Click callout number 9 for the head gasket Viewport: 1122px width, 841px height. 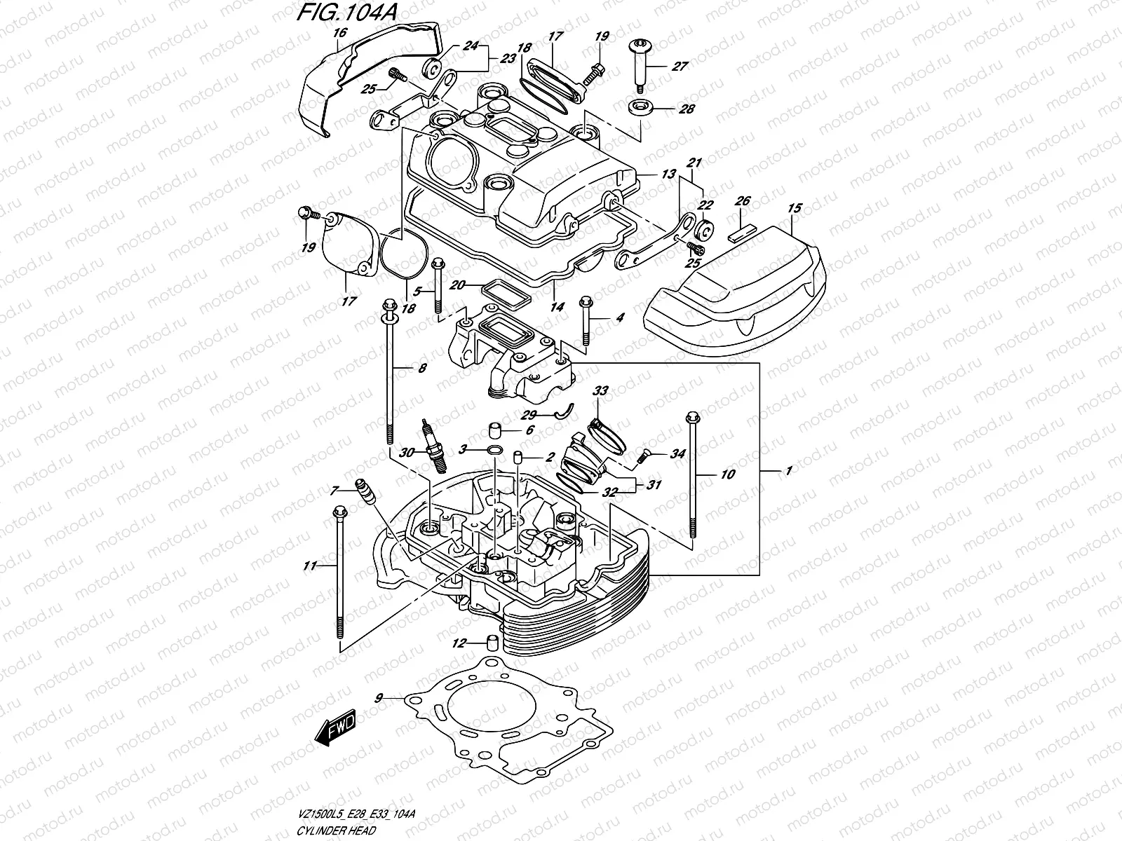pos(379,697)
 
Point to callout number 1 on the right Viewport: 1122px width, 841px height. pos(789,472)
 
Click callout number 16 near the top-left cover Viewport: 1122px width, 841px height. pos(340,33)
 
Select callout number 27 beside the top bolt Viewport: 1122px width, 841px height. pos(680,67)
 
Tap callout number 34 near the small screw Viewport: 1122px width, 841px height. pos(677,454)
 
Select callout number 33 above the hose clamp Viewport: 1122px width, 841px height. pos(601,390)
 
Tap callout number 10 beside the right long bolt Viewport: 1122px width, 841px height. pos(727,474)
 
